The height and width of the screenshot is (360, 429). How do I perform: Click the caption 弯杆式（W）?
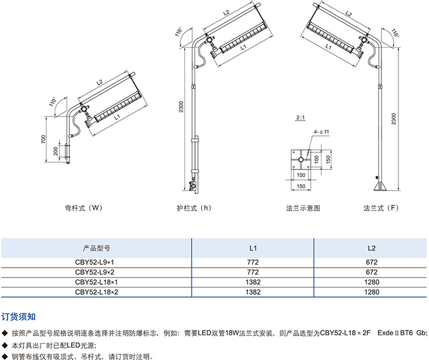coord(83,208)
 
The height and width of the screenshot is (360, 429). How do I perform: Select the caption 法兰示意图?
coord(303,208)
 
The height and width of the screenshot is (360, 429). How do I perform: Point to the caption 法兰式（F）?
coord(381,208)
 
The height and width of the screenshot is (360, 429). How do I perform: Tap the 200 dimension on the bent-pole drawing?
coord(55,151)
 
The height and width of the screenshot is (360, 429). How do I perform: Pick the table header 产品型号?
coord(96,248)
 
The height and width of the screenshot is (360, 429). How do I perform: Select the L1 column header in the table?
coord(253,248)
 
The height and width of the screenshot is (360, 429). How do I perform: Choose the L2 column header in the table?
coord(371,248)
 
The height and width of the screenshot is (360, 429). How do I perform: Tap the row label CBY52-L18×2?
coord(96,291)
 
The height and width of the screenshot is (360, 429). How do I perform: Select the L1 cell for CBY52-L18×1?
coord(253,282)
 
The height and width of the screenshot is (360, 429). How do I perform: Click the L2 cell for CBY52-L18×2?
coord(371,291)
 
